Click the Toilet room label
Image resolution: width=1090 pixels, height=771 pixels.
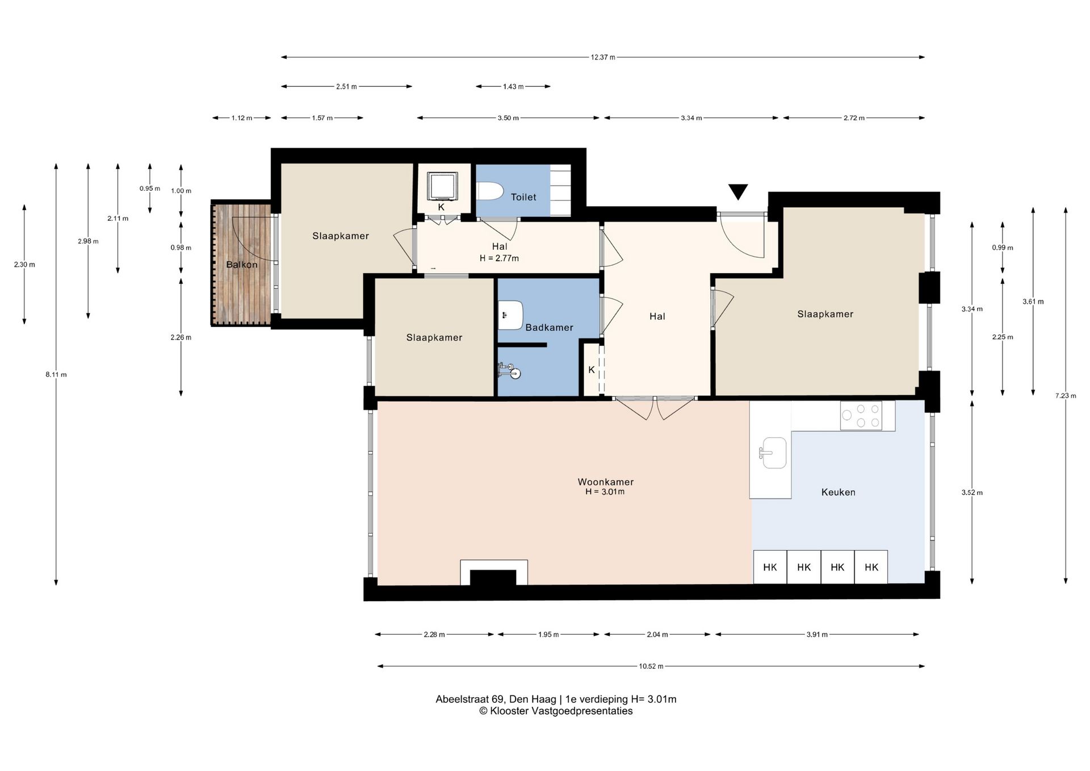click(x=523, y=197)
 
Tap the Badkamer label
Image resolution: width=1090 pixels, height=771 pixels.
click(x=549, y=328)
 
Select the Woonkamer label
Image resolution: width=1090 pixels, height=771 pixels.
click(x=605, y=482)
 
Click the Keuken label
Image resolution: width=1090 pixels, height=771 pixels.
click(x=838, y=492)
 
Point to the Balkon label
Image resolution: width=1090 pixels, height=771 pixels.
click(x=242, y=265)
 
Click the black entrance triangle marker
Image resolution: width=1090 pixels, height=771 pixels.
click(x=738, y=192)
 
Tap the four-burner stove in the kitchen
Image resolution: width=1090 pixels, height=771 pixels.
click(x=861, y=416)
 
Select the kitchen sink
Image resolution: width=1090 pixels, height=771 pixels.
click(x=773, y=452)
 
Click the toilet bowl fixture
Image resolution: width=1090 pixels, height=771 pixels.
click(x=489, y=191)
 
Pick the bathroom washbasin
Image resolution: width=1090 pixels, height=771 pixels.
click(x=510, y=316)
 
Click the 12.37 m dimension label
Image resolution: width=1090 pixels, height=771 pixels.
click(x=603, y=57)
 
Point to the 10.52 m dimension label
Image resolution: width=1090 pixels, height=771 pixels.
click(x=651, y=667)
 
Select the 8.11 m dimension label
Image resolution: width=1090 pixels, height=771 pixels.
click(x=56, y=375)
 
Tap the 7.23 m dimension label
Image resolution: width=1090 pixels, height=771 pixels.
click(x=1066, y=396)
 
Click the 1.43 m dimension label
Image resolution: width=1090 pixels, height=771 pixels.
click(x=513, y=87)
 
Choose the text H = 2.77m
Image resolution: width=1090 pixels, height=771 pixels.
click(x=499, y=258)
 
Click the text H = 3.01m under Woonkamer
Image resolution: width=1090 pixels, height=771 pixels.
click(x=605, y=492)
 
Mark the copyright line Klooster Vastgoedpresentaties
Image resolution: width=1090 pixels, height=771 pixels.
click(x=556, y=711)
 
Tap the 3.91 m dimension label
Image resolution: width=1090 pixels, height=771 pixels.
click(x=817, y=635)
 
